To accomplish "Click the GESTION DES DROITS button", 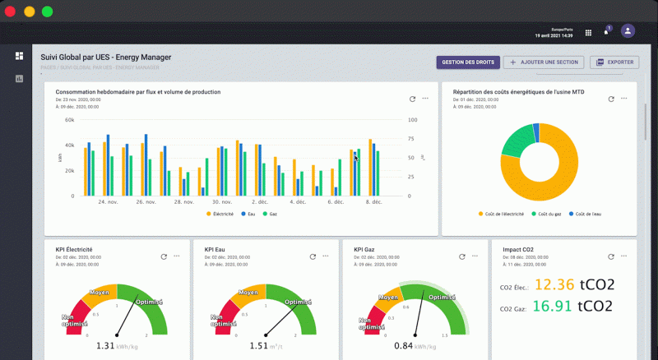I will click(x=467, y=62).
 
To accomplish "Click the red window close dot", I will click(x=11, y=12).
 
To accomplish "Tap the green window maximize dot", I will click(x=47, y=12).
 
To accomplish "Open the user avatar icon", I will click(x=628, y=31).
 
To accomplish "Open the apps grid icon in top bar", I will click(x=588, y=33).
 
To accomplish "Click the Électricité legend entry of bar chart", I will click(x=220, y=214).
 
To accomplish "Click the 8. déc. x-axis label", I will click(x=373, y=201).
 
